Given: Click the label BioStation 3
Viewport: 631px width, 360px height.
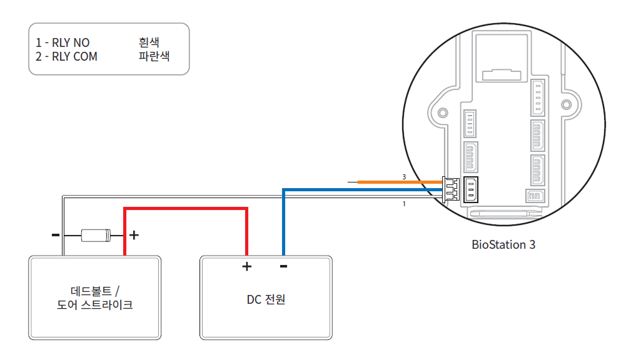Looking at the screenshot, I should tap(503, 244).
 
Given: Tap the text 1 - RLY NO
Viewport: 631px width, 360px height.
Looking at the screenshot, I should tap(63, 43).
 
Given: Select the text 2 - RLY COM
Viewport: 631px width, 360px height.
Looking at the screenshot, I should tap(66, 56).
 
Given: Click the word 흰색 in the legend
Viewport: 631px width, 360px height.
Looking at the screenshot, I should tap(149, 43).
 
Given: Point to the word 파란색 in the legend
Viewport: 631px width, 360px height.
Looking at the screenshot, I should tap(154, 56).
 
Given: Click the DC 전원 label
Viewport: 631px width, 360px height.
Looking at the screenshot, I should tap(266, 299).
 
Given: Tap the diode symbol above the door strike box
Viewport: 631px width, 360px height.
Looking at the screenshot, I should tap(96, 236).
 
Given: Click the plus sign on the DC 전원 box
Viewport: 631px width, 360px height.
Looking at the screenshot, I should tap(246, 267).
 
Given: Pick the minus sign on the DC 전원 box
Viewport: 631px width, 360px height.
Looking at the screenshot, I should tap(283, 267).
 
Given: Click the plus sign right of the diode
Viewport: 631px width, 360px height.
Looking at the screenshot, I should tap(133, 236).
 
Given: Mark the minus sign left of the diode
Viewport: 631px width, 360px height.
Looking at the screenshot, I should tap(56, 236).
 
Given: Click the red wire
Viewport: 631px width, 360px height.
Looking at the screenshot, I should tap(188, 209).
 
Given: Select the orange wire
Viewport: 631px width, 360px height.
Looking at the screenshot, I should tap(400, 182).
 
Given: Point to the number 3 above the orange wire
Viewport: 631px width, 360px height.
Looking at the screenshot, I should tap(404, 177).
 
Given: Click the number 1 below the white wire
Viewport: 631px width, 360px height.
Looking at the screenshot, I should tap(404, 204).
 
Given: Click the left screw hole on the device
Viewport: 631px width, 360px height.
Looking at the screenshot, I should tap(443, 112).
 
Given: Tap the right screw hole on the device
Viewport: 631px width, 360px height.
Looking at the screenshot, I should tap(567, 104).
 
